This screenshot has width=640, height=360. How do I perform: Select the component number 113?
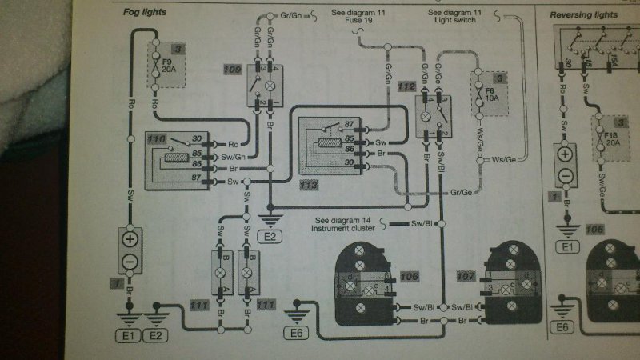pos(309,185)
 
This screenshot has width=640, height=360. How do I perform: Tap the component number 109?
pos(233,70)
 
